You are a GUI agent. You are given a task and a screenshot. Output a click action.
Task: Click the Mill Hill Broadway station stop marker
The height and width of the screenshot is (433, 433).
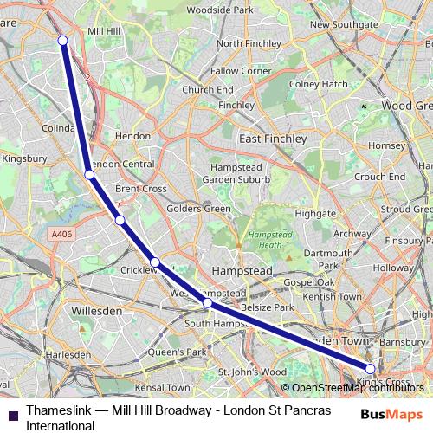(x=62, y=40)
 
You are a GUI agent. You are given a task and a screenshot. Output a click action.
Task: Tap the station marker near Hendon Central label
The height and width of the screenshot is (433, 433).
(x=89, y=174)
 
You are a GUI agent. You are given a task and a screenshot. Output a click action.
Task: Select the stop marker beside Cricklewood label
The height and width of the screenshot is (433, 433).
(x=154, y=262)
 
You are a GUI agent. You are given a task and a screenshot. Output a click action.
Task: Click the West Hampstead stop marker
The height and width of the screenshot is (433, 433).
(x=207, y=303)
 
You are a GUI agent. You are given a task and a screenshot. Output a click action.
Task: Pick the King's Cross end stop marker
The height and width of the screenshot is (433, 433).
(x=371, y=370)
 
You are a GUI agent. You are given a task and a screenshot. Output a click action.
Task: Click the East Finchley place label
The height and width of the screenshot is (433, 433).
(x=273, y=139)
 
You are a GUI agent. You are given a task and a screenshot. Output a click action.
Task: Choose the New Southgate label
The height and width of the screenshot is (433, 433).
(x=344, y=25)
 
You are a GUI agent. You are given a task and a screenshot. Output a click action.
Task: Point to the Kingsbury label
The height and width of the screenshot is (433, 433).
(x=24, y=158)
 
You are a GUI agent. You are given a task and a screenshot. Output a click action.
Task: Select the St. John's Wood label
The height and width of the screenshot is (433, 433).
(x=251, y=372)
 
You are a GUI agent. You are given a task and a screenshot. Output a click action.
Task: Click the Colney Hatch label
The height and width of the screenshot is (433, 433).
(x=318, y=84)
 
